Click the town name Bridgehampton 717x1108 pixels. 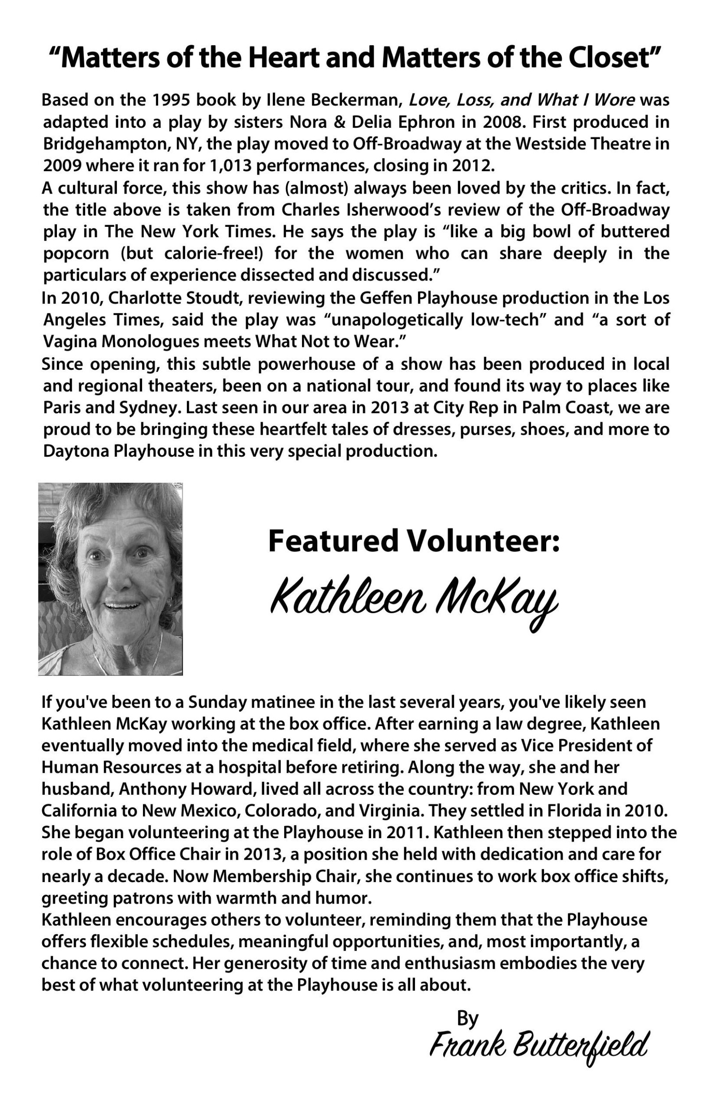pyautogui.click(x=107, y=144)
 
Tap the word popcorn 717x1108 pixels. pyautogui.click(x=76, y=254)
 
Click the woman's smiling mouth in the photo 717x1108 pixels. pyautogui.click(x=122, y=606)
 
